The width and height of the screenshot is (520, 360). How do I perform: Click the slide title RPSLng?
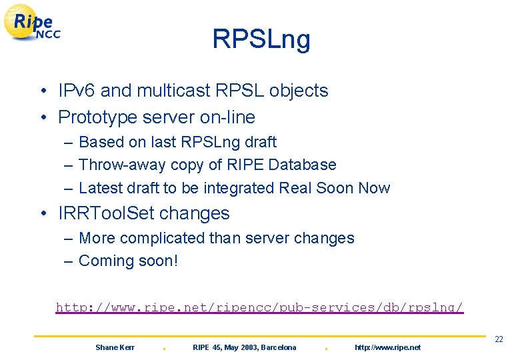pyautogui.click(x=261, y=39)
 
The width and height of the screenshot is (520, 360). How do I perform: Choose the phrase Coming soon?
pyautogui.click(x=129, y=261)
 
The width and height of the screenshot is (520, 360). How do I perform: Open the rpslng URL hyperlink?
pyautogui.click(x=259, y=307)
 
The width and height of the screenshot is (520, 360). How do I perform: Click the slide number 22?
pyautogui.click(x=499, y=340)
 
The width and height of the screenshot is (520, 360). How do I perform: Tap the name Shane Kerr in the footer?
pyautogui.click(x=115, y=347)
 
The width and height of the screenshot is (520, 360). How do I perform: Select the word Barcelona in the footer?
pyautogui.click(x=279, y=347)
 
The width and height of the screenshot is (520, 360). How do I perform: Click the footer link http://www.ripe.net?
pyautogui.click(x=387, y=347)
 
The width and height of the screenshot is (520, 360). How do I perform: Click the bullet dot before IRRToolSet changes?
pyautogui.click(x=43, y=214)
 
